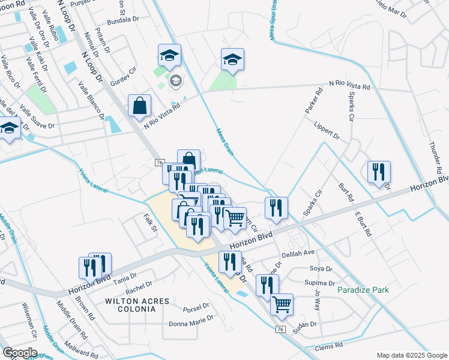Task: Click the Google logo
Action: pos(20,353)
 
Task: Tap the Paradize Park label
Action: pos(363,290)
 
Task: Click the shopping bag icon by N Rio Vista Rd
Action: pos(139,106)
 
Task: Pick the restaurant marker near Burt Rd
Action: pos(379,172)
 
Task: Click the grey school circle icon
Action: pos(176,81)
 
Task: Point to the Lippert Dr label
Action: pos(327,130)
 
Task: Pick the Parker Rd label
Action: pos(315,101)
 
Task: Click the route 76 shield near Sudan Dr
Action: pos(280,329)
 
